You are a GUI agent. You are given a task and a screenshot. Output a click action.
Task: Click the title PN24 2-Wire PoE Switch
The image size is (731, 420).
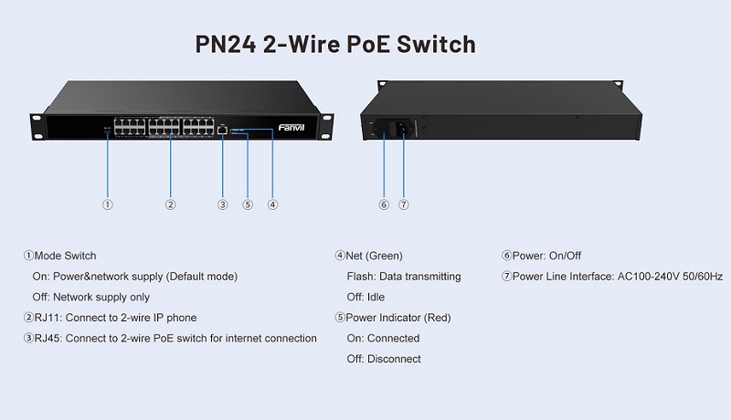335,43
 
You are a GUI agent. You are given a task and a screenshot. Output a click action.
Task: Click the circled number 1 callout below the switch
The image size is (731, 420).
108,205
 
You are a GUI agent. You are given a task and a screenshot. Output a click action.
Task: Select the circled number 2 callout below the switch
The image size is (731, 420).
171,205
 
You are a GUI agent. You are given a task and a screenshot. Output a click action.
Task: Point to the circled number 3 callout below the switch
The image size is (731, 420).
222,205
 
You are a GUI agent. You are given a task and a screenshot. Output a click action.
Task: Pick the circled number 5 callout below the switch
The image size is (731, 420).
248,205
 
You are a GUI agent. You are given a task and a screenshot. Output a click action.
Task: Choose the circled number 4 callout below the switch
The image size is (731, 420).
272,205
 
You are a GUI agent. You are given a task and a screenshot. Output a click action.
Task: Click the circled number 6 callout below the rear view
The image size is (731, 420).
384,205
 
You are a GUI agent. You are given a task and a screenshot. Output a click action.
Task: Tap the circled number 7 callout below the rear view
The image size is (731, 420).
403,205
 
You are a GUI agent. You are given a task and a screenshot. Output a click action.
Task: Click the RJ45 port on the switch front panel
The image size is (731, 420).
223,131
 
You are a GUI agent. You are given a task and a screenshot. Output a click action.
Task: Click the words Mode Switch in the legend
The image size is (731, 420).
65,256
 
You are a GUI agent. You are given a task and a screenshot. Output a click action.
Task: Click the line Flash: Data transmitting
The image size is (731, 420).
404,277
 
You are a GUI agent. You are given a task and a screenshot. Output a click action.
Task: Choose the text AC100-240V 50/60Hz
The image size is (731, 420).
671,277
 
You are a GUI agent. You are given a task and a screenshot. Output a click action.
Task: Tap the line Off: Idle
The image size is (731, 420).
365,298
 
